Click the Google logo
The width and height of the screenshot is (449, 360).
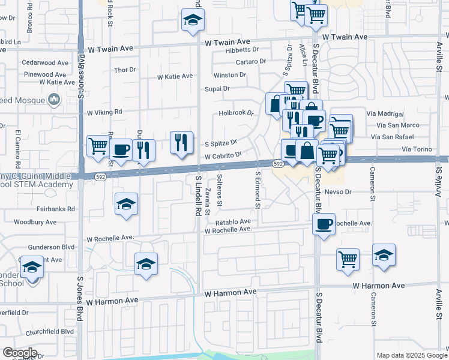coord(20,352)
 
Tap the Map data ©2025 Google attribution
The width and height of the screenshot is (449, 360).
coord(411,355)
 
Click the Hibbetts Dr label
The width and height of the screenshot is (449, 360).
coord(242,50)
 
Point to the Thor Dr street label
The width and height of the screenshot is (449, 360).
coord(125,70)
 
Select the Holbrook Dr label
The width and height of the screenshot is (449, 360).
coord(237,112)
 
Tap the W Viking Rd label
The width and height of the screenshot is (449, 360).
coord(104,112)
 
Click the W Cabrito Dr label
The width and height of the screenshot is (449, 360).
coord(223,155)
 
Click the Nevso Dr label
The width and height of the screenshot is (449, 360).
coord(337,192)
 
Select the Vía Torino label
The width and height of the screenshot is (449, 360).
coord(417,148)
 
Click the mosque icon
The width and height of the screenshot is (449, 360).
coord(55,99)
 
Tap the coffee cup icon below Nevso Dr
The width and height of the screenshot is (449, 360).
coord(324,224)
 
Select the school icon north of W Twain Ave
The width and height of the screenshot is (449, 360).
coord(192,21)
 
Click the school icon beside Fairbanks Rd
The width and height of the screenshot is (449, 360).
coord(126,204)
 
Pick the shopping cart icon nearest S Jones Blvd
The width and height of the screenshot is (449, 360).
coord(98,145)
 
